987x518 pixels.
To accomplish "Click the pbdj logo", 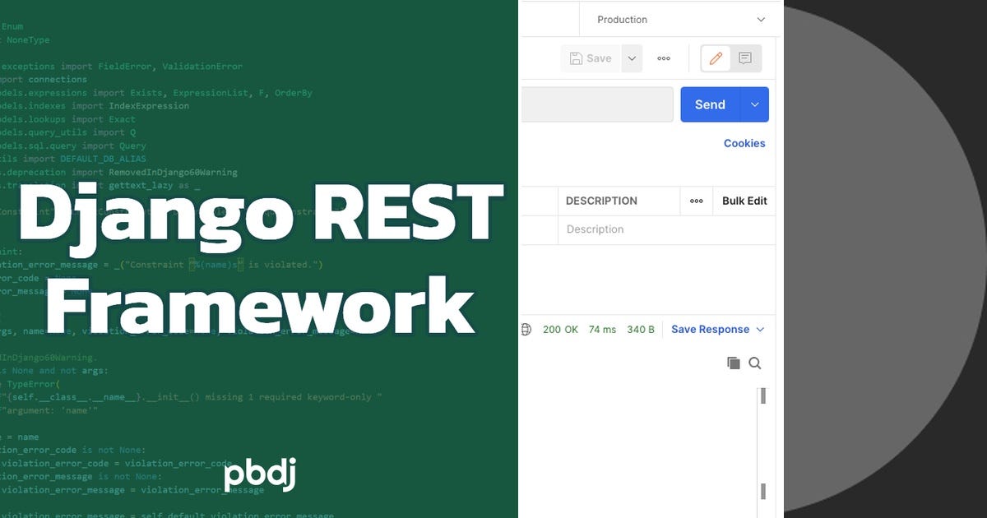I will point(259,475).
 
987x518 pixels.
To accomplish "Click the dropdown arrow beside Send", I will point(755,104).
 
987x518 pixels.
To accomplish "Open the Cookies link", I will point(744,143).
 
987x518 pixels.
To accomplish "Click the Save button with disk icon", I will point(590,58).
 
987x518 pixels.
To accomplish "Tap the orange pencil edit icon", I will point(716,58).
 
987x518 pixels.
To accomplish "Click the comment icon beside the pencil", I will point(745,58).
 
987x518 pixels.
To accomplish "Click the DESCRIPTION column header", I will point(601,201).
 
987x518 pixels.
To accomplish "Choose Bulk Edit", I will point(744,201).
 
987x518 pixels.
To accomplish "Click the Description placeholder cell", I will point(595,229).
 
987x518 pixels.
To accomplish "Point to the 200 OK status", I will point(560,330).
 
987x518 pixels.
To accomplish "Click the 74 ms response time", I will point(602,330).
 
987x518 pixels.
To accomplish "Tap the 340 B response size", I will point(641,330).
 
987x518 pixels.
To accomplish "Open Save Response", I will point(710,330).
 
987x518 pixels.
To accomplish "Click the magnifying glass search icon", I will point(755,363).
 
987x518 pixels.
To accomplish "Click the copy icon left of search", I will point(734,363).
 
